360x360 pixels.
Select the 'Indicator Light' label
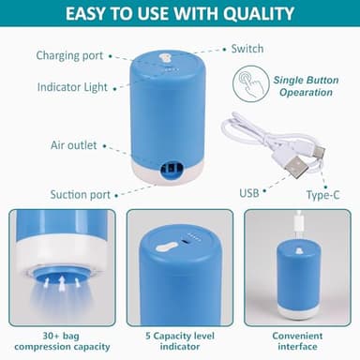(72, 87)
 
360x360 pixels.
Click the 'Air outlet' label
(72, 145)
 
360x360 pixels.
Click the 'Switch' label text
(247, 49)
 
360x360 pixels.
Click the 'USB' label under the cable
(248, 193)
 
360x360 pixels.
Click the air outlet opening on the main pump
(172, 169)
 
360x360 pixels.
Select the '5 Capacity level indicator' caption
(179, 340)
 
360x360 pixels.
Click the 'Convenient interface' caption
(297, 340)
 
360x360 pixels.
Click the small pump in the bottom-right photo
(296, 281)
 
